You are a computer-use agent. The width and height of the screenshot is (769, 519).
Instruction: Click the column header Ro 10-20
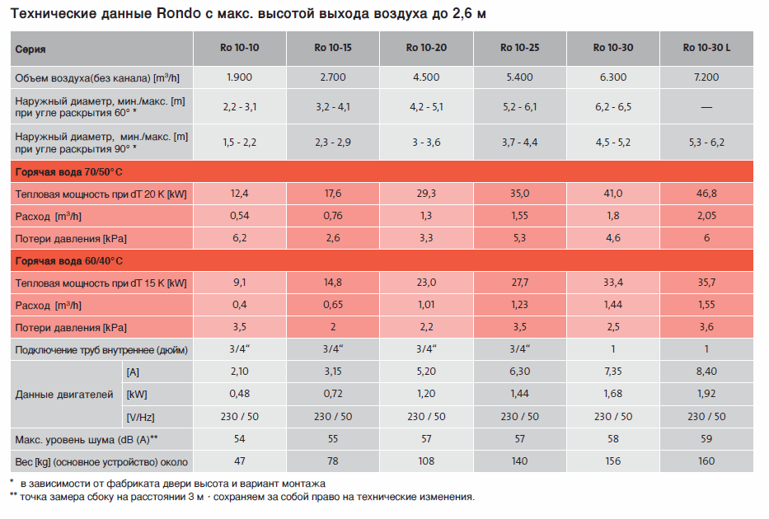pyautogui.click(x=427, y=48)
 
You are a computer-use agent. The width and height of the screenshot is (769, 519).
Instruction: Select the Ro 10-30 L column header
pyautogui.click(x=706, y=48)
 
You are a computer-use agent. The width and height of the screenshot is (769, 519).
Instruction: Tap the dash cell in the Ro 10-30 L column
pyautogui.click(x=706, y=107)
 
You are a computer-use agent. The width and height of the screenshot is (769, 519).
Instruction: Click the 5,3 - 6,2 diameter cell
pyautogui.click(x=706, y=142)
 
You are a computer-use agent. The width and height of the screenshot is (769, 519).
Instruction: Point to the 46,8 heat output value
pyautogui.click(x=706, y=194)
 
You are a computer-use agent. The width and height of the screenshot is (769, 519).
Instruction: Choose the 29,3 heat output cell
pyautogui.click(x=427, y=194)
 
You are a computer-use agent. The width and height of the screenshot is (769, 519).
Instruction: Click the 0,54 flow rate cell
pyautogui.click(x=240, y=216)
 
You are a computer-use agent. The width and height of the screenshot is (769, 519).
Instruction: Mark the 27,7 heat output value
pyautogui.click(x=520, y=283)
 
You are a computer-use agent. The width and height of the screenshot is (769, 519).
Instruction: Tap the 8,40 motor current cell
pyautogui.click(x=706, y=372)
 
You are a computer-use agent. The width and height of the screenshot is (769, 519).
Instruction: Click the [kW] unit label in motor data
pyautogui.click(x=138, y=395)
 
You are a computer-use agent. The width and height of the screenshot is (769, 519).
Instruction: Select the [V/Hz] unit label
pyautogui.click(x=141, y=417)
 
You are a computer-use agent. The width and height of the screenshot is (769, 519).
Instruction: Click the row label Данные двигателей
pyautogui.click(x=64, y=395)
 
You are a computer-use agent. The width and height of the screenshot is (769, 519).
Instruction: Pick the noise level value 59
pyautogui.click(x=706, y=439)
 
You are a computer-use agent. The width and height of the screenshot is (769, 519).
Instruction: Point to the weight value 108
pyautogui.click(x=427, y=461)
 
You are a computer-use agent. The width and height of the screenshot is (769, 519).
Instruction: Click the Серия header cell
pyautogui.click(x=30, y=49)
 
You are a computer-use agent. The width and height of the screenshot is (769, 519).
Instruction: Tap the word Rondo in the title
pyautogui.click(x=177, y=15)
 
